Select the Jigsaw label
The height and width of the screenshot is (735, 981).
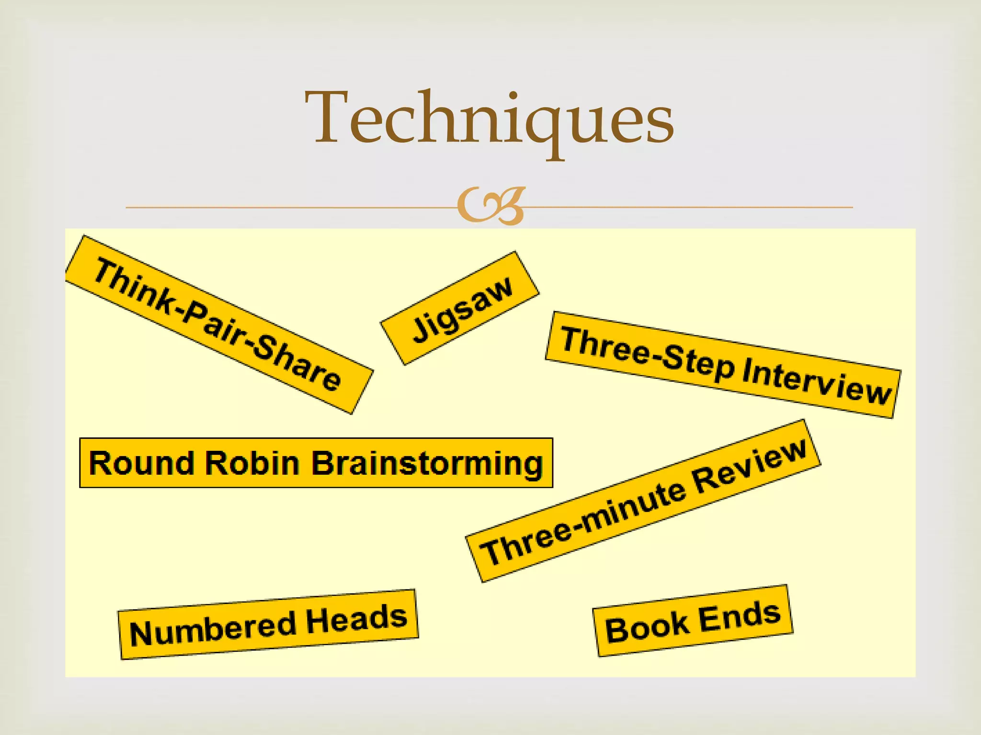[461, 309]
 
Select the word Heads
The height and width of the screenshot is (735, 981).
[356, 617]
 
